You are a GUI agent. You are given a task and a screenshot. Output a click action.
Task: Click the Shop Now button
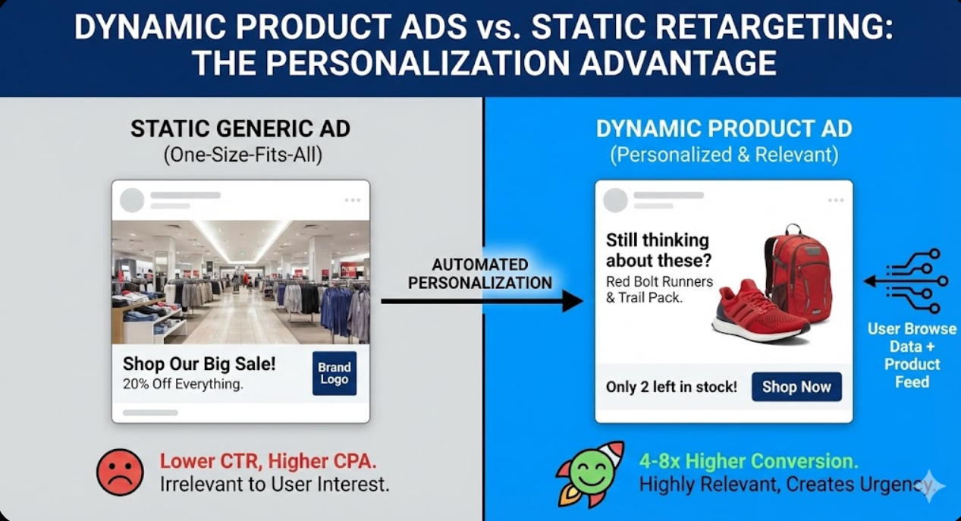(796, 387)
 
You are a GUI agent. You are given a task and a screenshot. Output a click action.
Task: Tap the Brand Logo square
(334, 373)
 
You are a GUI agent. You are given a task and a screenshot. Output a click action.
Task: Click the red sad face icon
(120, 472)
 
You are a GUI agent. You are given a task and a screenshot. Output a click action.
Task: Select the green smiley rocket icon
(590, 474)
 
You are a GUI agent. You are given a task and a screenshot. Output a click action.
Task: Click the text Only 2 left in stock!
(671, 387)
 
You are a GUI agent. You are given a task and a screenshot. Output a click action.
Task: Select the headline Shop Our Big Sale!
(199, 364)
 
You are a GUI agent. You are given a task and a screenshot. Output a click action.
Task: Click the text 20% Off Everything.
(183, 384)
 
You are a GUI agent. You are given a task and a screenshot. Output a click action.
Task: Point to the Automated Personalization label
(479, 274)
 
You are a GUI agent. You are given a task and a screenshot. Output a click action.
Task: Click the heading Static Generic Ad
(240, 129)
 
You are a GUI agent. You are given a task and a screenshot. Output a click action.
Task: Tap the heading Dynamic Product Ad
(724, 129)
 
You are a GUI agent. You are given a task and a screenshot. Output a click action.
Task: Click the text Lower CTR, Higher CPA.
(269, 461)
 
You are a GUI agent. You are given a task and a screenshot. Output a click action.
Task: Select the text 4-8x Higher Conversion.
(749, 461)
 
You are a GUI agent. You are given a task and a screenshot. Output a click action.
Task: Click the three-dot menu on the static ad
(352, 200)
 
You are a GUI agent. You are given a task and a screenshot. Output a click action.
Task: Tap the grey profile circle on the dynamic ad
(615, 200)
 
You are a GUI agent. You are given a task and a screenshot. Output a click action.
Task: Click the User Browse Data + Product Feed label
(912, 356)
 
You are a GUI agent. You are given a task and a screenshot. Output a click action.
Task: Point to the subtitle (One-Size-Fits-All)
(243, 155)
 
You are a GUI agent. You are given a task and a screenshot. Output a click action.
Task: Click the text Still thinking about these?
(658, 250)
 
